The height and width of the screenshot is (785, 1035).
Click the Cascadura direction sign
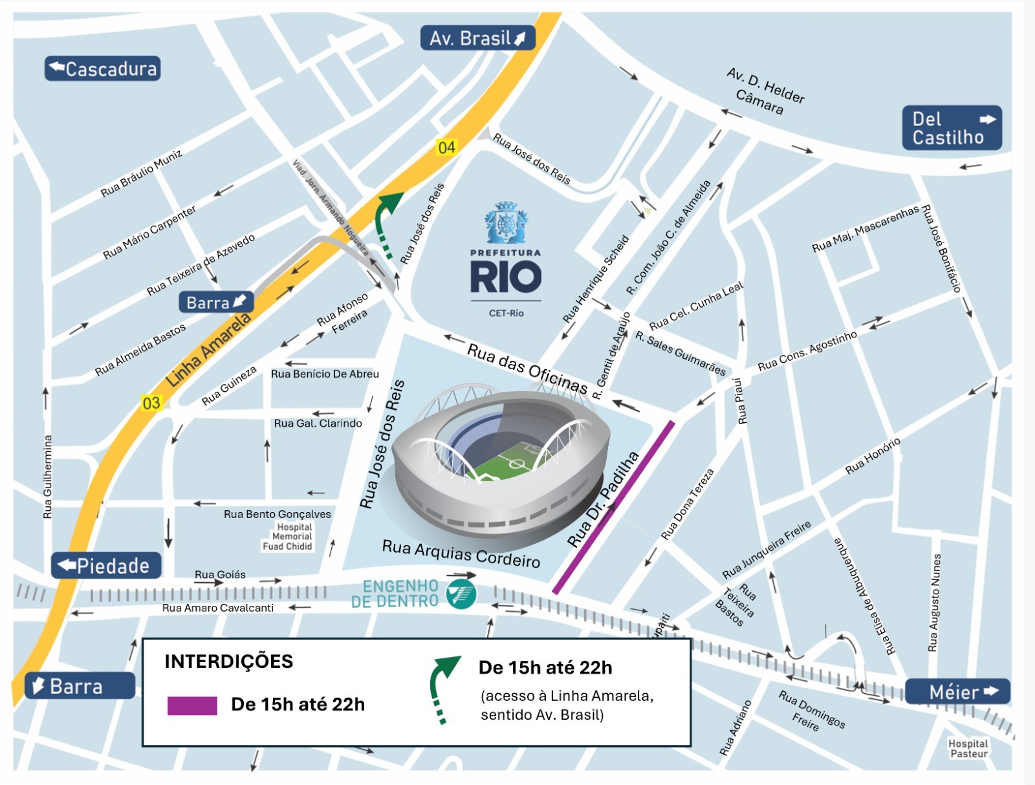pyautogui.click(x=102, y=69)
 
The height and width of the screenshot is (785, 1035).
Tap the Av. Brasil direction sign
pyautogui.click(x=477, y=38)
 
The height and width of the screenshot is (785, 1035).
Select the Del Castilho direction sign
pyautogui.click(x=952, y=128)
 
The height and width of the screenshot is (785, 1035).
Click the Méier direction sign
pyautogui.click(x=957, y=692)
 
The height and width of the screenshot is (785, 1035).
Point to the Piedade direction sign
pyautogui.click(x=106, y=566)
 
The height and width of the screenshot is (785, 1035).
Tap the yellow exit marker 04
pyautogui.click(x=446, y=147)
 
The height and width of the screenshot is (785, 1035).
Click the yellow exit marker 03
pyautogui.click(x=151, y=403)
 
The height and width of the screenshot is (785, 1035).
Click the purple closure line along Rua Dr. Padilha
pyautogui.click(x=614, y=508)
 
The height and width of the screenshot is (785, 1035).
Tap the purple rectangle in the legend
pyautogui.click(x=192, y=705)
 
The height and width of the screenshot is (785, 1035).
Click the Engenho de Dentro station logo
pyautogui.click(x=462, y=594)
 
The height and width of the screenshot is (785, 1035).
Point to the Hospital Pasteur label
pyautogui.click(x=968, y=749)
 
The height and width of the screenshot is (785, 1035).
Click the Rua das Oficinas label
pyautogui.click(x=527, y=369)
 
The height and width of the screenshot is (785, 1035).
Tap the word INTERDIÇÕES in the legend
pyautogui.click(x=228, y=661)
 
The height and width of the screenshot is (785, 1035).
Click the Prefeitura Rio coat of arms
pyautogui.click(x=506, y=224)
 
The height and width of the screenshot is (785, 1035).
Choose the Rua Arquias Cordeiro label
pyautogui.click(x=461, y=553)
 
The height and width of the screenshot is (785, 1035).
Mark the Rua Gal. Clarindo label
pyautogui.click(x=318, y=424)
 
